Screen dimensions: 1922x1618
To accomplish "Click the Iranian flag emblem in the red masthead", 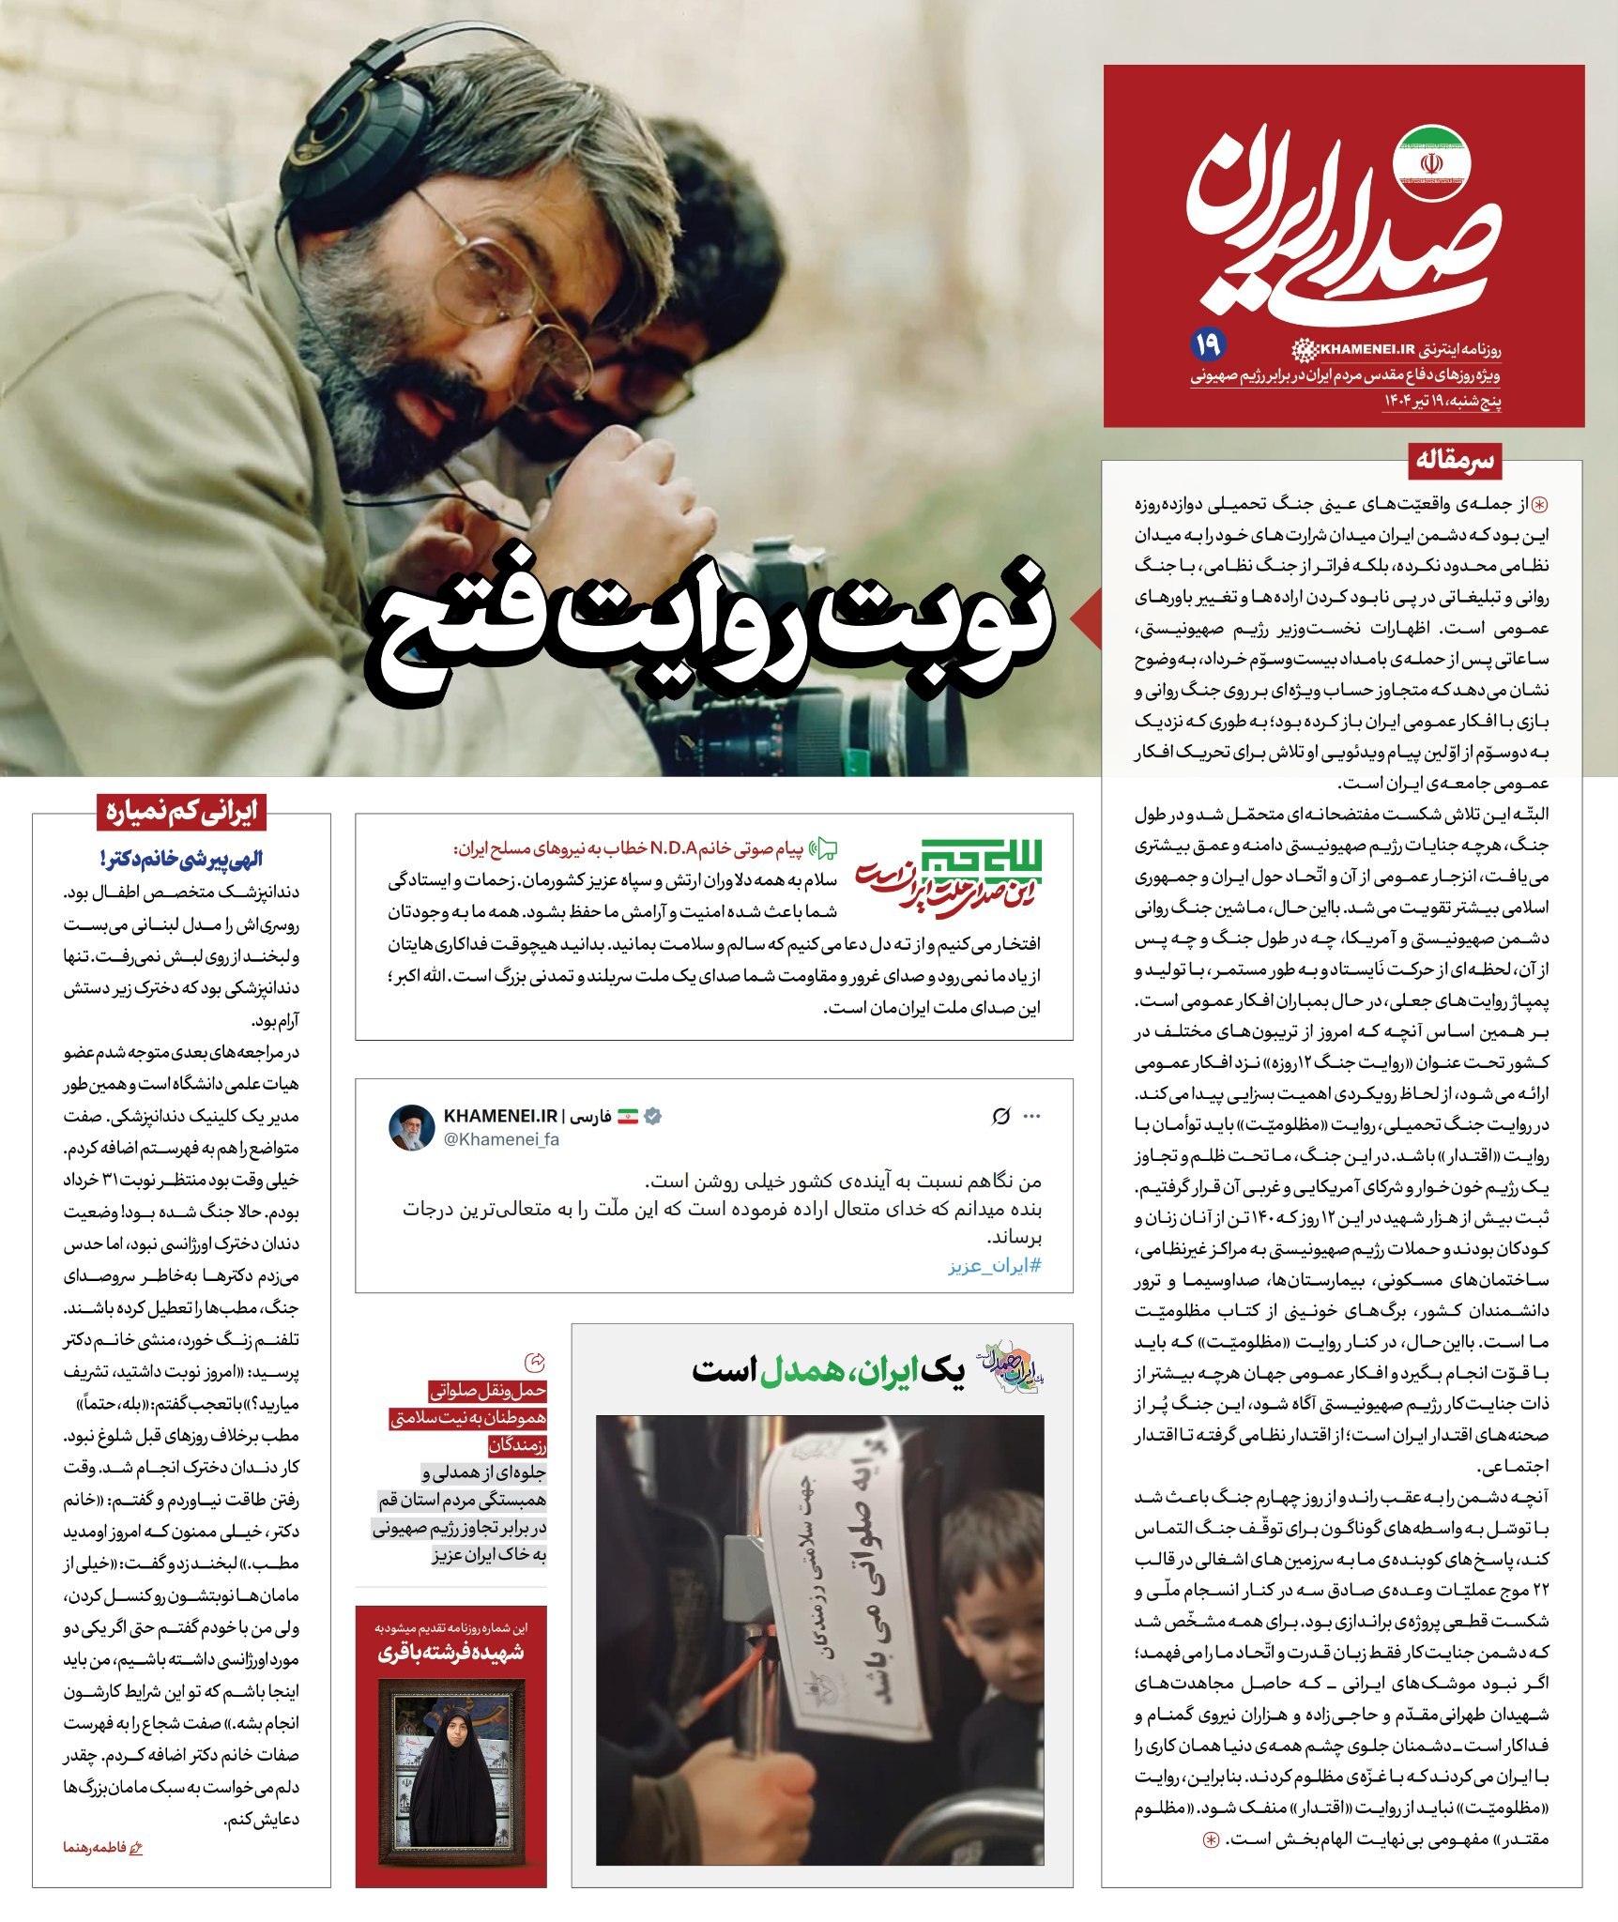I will pos(1431,162).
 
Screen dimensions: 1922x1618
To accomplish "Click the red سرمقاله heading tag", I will pos(1454,460).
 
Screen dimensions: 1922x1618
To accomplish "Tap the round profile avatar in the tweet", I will pos(412,1127).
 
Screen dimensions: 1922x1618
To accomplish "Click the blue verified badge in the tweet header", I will pos(653,1116).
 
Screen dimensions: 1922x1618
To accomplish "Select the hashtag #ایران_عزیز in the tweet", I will pos(994,1265).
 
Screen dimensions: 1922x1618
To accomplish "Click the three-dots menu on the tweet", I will pos(1032,1116).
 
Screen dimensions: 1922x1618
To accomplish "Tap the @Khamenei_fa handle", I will pos(501,1139).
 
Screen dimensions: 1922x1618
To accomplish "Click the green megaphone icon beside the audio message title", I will pos(824,849).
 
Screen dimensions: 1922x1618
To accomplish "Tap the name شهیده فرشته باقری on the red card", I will pos(450,1653).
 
